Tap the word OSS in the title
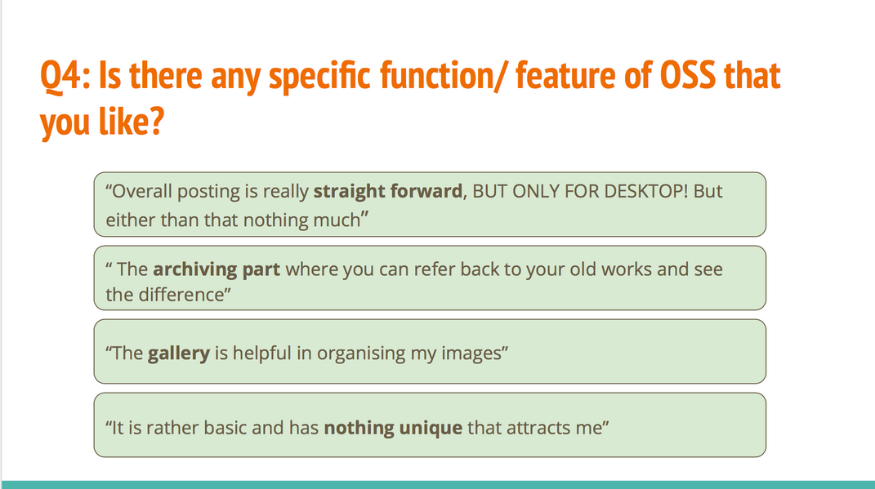(x=688, y=75)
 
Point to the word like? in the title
(x=132, y=121)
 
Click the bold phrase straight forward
(x=388, y=191)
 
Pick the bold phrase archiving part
(x=217, y=270)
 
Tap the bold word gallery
(x=179, y=353)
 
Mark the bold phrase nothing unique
(x=393, y=428)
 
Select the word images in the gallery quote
(x=471, y=353)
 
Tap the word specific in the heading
(x=319, y=77)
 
